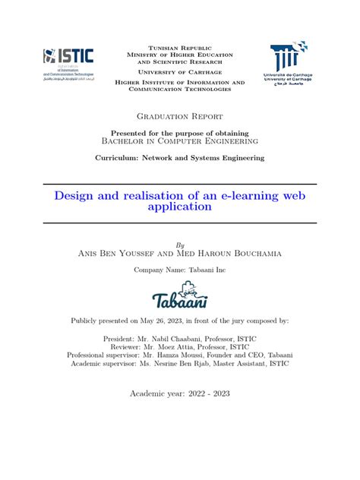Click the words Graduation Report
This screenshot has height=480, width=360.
(179, 116)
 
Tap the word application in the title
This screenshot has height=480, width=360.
(179, 207)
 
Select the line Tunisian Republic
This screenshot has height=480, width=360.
(179, 47)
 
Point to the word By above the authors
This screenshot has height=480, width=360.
(180, 245)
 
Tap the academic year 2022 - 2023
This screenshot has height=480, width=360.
(204, 393)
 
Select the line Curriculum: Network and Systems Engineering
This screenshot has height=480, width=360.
(179, 157)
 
